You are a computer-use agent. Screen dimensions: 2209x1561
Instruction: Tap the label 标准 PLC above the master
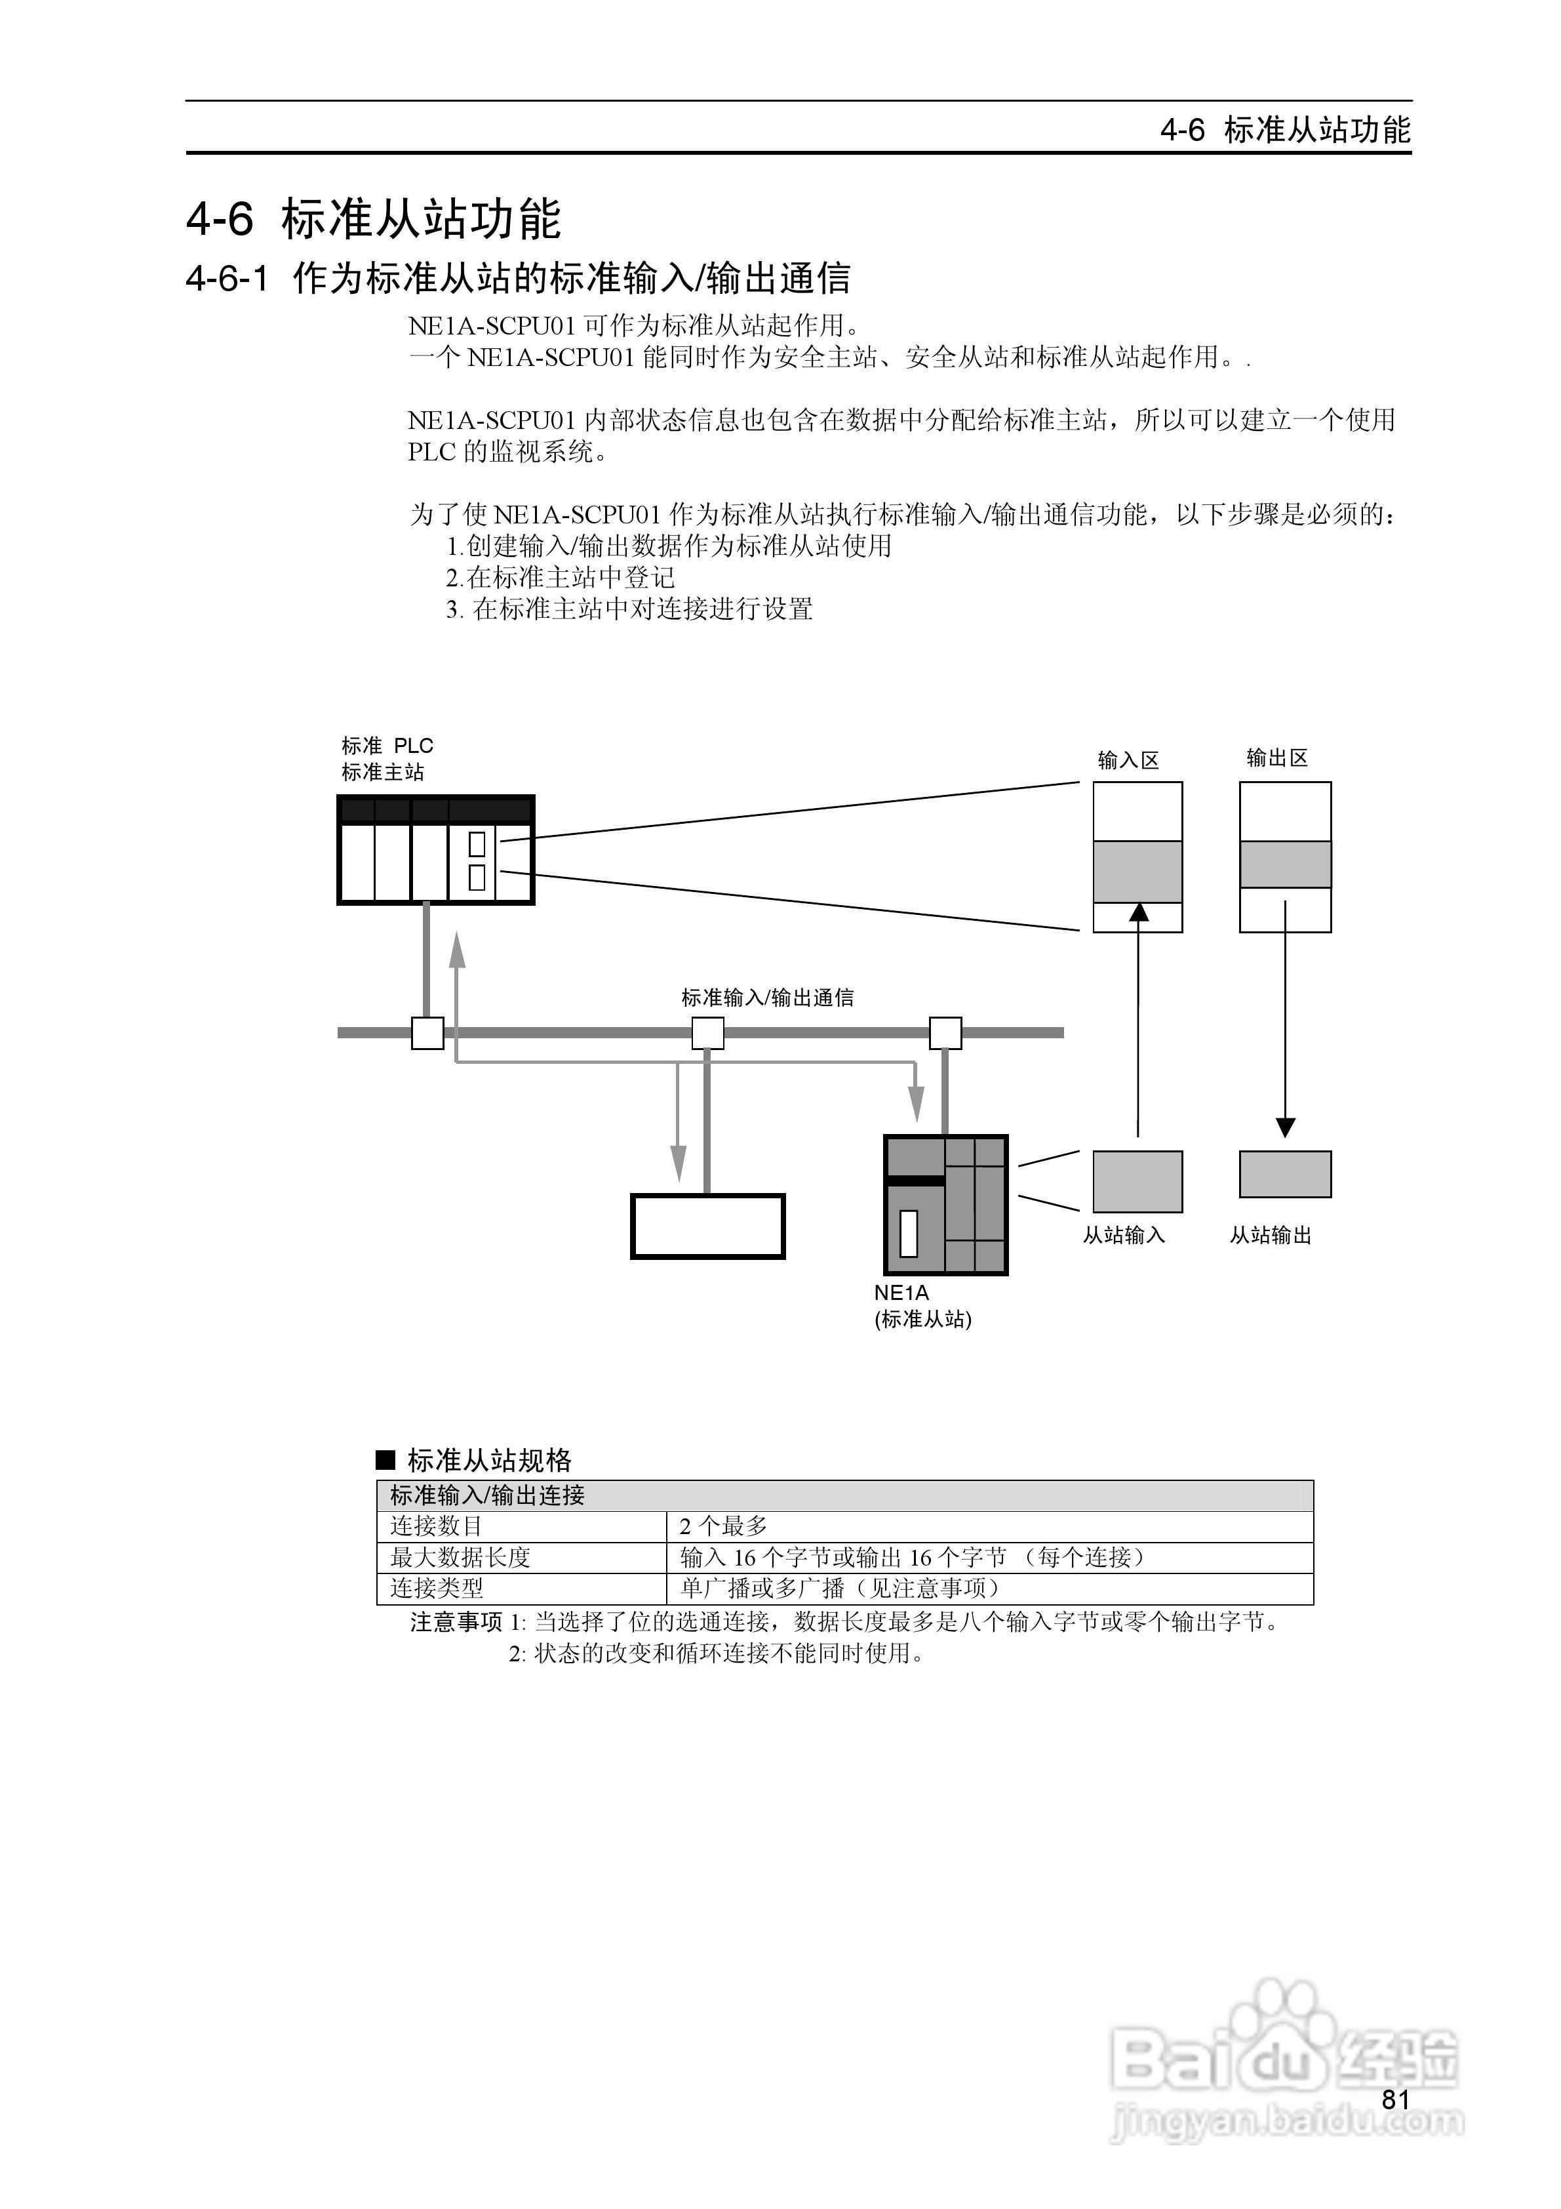pos(387,746)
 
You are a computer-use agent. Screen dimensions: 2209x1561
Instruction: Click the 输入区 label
pos(1128,760)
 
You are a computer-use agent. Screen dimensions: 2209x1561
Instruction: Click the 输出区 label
pos(1277,758)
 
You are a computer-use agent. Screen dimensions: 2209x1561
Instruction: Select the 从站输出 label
pos(1271,1234)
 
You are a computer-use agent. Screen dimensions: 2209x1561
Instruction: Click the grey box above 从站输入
pos(1138,1181)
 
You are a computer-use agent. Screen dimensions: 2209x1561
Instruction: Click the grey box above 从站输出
pos(1285,1174)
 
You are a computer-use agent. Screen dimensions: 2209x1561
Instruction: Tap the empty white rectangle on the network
pos(708,1226)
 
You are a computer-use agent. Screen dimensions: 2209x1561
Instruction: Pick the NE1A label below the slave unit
pos(901,1293)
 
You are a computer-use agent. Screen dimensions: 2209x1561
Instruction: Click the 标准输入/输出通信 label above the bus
pos(768,998)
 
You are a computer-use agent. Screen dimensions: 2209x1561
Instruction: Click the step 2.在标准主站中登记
pos(560,577)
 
